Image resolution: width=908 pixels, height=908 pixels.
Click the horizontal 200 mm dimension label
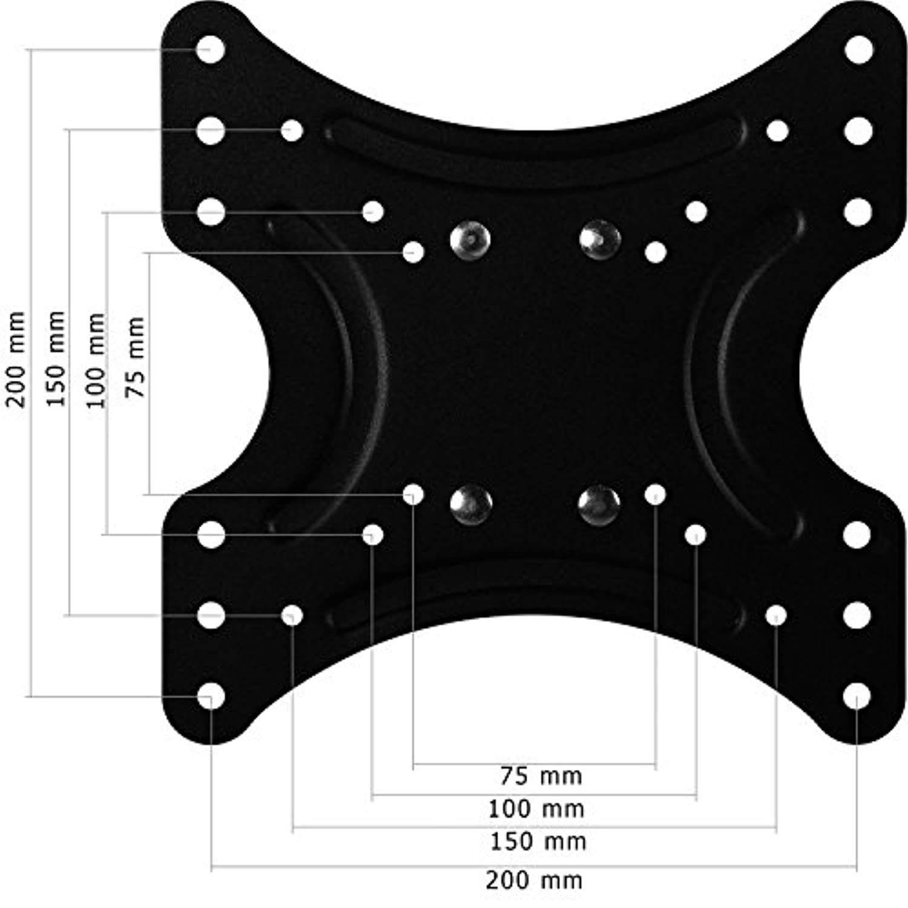coord(534,880)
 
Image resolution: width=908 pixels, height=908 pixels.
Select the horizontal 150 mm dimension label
coord(538,841)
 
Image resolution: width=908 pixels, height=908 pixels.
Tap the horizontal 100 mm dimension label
coord(536,809)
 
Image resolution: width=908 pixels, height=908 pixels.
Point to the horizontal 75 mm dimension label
coord(541,775)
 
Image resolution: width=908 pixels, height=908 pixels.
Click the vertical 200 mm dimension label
coord(16,360)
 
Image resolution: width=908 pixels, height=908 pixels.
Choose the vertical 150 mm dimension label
coord(55,358)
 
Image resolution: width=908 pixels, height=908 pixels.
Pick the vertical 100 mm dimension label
coord(96,361)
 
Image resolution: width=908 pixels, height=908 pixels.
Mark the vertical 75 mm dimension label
coord(136,357)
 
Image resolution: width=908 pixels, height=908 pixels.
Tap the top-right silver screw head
coord(600,240)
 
